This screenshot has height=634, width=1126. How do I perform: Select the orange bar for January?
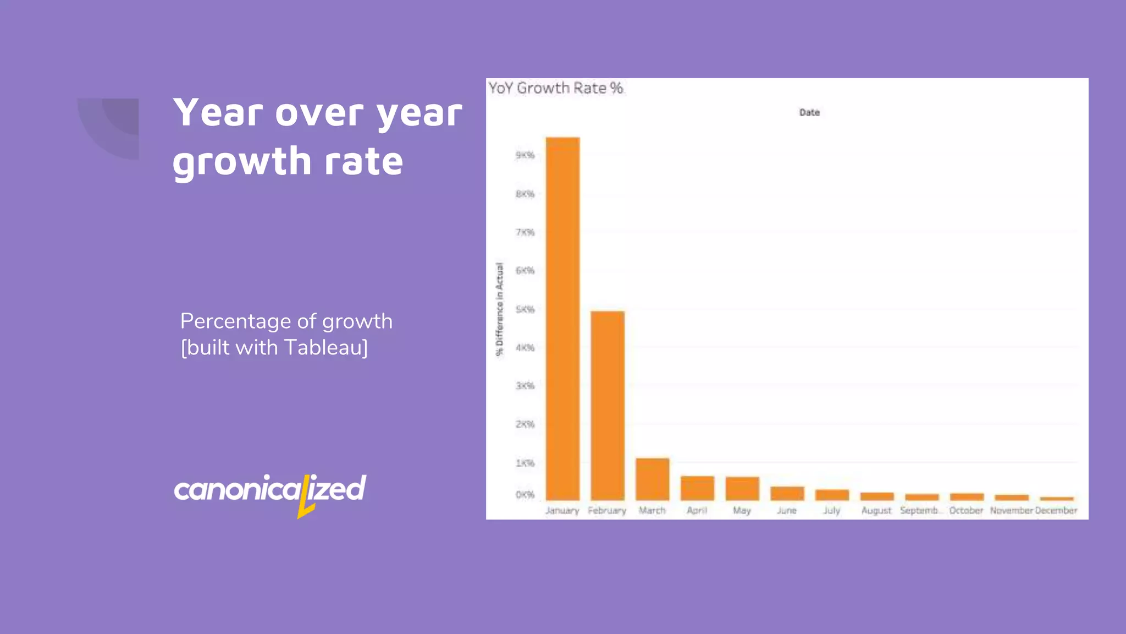tap(562, 319)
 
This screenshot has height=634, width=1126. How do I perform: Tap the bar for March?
tap(653, 479)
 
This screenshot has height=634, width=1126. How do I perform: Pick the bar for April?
tap(697, 488)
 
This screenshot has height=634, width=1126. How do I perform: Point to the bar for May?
tap(742, 489)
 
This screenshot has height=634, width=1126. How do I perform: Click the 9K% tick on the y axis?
tap(525, 155)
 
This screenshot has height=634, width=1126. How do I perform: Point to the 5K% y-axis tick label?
tap(525, 309)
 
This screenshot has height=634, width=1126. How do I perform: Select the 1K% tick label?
tap(525, 463)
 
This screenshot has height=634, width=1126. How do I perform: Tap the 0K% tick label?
tap(525, 495)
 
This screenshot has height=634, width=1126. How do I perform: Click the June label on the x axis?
tap(787, 511)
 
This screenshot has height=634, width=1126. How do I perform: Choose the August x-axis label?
tap(876, 511)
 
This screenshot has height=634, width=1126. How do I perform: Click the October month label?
tap(966, 511)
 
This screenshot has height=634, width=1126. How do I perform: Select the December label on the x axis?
tap(1056, 511)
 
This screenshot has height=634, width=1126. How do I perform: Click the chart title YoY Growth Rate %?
tap(556, 88)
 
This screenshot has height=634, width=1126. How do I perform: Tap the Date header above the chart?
tap(809, 112)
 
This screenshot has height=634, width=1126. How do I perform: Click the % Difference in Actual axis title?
tap(499, 309)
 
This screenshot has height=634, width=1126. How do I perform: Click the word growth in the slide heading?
tap(242, 161)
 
